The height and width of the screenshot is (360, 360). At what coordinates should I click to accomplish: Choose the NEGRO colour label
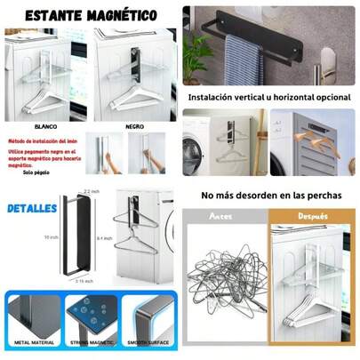coord(132,126)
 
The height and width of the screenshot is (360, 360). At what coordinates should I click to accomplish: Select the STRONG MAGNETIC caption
coord(92,341)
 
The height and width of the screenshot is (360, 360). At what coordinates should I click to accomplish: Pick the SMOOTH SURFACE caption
coord(148,341)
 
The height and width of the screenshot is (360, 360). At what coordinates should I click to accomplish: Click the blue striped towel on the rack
coord(242,60)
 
